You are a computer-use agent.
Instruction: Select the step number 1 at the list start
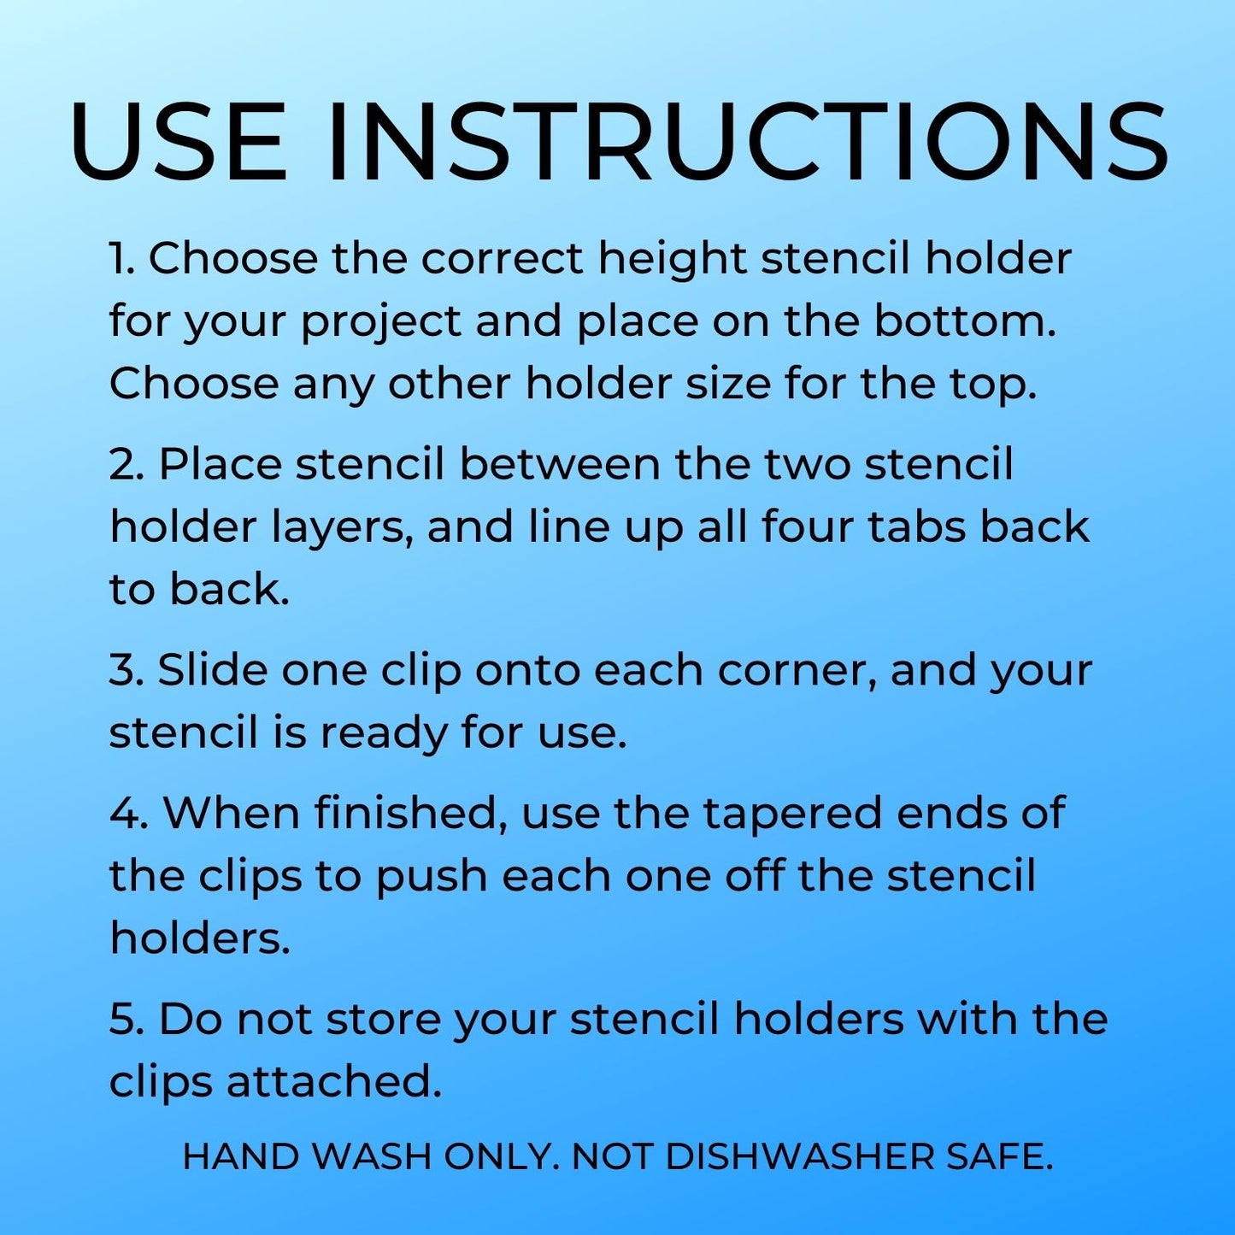pyautogui.click(x=121, y=258)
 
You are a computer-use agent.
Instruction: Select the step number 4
pyautogui.click(x=130, y=812)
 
